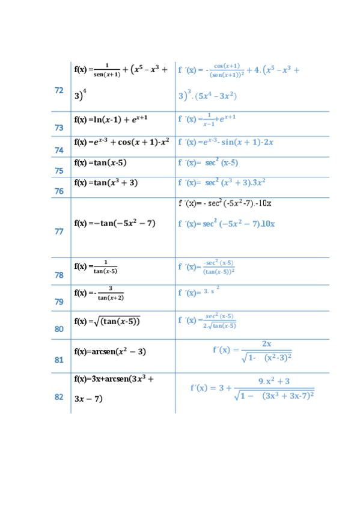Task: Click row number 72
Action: (x=59, y=90)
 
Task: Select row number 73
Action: (x=59, y=127)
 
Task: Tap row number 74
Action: (x=59, y=150)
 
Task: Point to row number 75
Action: (x=59, y=171)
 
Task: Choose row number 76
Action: (x=59, y=191)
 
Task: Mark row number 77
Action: (x=59, y=232)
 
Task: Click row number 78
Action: (x=59, y=275)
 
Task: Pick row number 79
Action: (x=59, y=302)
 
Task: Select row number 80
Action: (x=59, y=329)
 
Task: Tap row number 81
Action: (x=59, y=360)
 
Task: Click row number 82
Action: (x=59, y=397)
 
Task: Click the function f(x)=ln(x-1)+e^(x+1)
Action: (x=111, y=119)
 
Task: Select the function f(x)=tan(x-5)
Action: (x=100, y=162)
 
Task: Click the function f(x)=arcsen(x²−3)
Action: (x=110, y=351)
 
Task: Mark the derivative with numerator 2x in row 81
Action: (x=252, y=350)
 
